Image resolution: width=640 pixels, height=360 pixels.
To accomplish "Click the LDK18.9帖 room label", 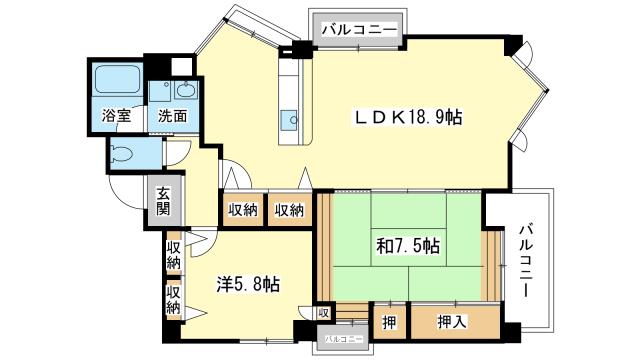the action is click(x=408, y=118).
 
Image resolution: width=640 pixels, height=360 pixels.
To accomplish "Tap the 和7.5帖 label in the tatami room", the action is click(x=408, y=246).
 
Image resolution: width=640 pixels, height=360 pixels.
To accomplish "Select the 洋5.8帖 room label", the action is click(x=248, y=284).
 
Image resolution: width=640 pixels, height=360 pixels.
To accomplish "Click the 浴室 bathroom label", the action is click(x=116, y=116).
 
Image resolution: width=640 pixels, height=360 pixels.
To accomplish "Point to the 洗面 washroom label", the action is click(x=173, y=116).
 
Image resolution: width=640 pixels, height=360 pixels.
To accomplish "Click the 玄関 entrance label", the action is click(x=163, y=201).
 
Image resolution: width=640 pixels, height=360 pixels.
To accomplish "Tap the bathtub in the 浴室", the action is click(x=117, y=80).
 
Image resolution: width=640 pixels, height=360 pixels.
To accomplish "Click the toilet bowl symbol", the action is click(x=122, y=154).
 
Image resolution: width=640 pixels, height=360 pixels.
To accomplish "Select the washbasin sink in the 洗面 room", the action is click(x=187, y=89).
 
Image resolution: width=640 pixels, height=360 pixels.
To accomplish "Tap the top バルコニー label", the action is click(x=359, y=30).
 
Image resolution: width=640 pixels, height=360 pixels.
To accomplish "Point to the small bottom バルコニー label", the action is click(x=344, y=339).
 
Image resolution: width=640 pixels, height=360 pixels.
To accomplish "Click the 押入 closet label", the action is click(x=452, y=322).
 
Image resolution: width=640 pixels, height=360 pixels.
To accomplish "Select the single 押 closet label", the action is click(x=389, y=322).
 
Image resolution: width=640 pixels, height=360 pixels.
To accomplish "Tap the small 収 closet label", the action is click(x=323, y=313).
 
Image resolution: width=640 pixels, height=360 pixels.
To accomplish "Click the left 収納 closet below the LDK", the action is click(x=243, y=210).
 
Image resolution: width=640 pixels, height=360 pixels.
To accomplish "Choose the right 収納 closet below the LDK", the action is click(x=289, y=210).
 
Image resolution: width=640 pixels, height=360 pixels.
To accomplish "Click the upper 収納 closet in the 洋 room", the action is click(x=173, y=255).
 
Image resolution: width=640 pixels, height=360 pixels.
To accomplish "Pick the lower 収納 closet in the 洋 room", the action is click(x=173, y=300).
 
